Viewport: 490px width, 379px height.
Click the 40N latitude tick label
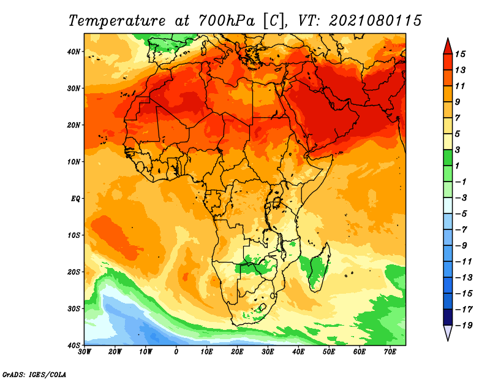[73, 52]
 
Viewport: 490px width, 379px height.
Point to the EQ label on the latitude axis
[75, 199]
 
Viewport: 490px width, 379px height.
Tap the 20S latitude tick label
[73, 272]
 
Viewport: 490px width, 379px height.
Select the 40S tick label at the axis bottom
[73, 345]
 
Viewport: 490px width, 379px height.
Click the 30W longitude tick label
[85, 352]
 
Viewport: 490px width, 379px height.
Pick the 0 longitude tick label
[176, 352]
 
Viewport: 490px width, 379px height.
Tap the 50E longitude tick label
[329, 352]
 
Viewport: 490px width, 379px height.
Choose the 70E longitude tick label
[390, 352]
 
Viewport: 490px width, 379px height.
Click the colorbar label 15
[460, 54]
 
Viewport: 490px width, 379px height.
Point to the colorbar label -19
[464, 326]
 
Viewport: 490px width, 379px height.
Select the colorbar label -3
[461, 198]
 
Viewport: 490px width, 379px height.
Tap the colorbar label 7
[458, 118]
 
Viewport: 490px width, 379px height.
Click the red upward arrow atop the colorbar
[448, 47]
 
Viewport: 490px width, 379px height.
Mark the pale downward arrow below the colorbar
[448, 332]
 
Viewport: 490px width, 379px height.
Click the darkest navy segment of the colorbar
[448, 317]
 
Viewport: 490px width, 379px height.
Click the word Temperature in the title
[117, 21]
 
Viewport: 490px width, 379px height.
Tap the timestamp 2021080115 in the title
[375, 21]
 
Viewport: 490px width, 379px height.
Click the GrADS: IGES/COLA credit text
[34, 375]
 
